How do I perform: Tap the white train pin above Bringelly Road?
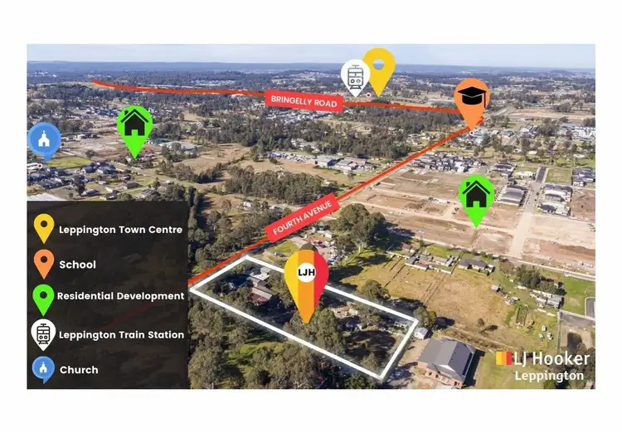tap(355, 76)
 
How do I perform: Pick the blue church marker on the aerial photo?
tap(44, 139)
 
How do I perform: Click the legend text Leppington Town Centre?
tap(120, 230)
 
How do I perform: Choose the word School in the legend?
tap(77, 265)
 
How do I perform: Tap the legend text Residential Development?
tap(121, 296)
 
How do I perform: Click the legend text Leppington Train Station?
tap(121, 335)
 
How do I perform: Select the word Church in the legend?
tap(79, 370)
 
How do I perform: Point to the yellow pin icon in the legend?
tap(43, 227)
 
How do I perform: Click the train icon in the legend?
tap(43, 333)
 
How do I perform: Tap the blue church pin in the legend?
tap(43, 368)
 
